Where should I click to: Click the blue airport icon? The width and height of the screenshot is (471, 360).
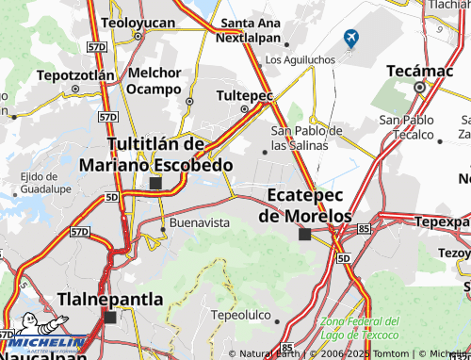pyautogui.click(x=352, y=39)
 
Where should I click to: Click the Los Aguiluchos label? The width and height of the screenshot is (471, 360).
pyautogui.click(x=300, y=59)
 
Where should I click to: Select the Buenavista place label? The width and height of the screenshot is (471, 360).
pyautogui.click(x=199, y=223)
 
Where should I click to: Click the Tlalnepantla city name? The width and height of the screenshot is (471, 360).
pyautogui.click(x=110, y=299)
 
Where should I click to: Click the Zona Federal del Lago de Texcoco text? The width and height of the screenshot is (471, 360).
pyautogui.click(x=360, y=328)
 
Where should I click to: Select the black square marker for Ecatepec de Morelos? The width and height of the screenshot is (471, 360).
pyautogui.click(x=304, y=234)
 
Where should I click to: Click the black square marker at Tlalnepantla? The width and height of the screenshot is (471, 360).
pyautogui.click(x=110, y=318)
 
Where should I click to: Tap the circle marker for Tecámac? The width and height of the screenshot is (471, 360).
pyautogui.click(x=420, y=88)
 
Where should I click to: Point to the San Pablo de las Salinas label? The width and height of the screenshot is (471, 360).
pyautogui.click(x=307, y=138)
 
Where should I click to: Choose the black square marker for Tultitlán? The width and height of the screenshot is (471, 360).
pyautogui.click(x=155, y=183)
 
